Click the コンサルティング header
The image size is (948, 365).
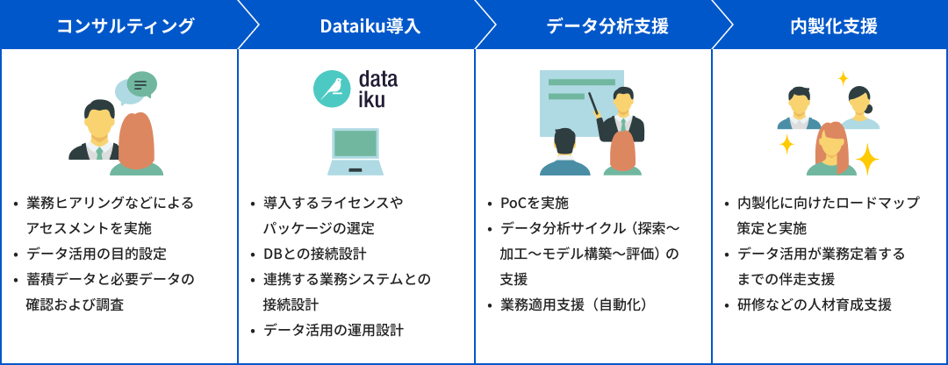126,26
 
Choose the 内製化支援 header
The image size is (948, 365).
834,26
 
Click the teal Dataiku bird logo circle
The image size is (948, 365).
332,89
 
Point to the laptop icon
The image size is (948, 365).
355,151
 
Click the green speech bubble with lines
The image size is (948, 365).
142,84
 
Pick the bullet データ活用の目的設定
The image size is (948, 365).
97,254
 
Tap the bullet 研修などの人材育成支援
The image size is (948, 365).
815,304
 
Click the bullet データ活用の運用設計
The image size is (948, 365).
334,330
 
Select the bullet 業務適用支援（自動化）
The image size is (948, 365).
575,304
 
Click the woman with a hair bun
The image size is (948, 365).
858,108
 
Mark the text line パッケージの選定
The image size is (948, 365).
319,228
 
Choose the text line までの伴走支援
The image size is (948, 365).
786,279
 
